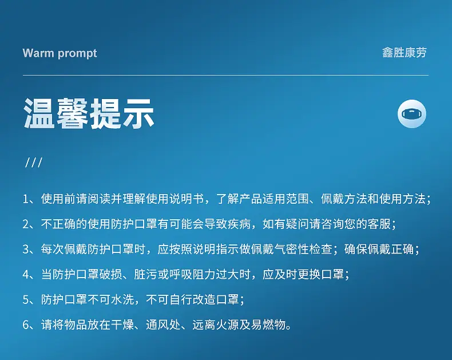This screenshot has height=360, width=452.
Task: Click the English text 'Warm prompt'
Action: tap(60, 54)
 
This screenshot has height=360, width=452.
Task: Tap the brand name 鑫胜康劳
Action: tap(405, 53)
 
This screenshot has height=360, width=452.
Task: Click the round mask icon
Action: tap(411, 114)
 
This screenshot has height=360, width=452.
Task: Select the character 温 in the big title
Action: tap(39, 113)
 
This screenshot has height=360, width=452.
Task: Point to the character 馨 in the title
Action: tap(72, 113)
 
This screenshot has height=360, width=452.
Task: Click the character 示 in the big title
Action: tap(138, 113)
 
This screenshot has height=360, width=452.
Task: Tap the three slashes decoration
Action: tap(34, 162)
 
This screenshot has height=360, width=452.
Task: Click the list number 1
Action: tap(26, 199)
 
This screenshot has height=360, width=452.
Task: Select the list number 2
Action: tap(26, 224)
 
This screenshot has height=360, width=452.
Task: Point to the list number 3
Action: tap(26, 249)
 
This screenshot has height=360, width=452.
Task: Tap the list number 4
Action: tap(26, 274)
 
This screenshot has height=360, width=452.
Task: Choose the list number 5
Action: tap(26, 299)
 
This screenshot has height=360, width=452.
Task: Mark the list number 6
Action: tap(26, 325)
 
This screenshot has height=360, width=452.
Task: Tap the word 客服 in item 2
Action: tap(379, 224)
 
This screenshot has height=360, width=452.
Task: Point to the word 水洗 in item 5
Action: tap(122, 299)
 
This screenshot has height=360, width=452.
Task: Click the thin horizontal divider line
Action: tap(225, 76)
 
